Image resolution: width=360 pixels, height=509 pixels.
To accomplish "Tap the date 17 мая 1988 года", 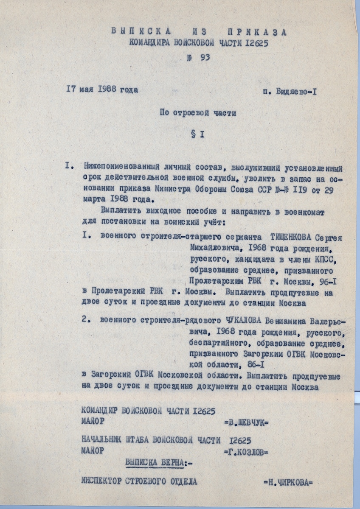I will point(102,90).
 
